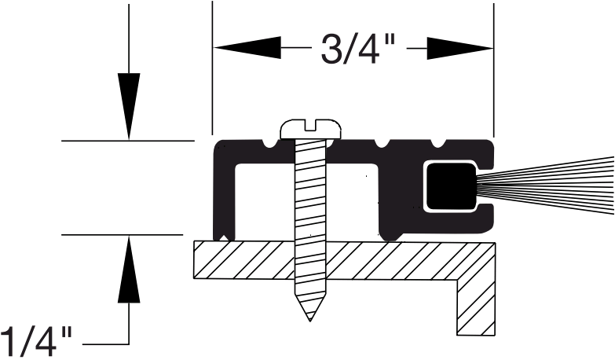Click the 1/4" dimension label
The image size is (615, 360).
(37, 343)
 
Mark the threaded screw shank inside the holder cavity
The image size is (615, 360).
(311, 197)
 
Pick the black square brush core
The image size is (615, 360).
(450, 187)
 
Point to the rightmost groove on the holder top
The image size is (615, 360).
(437, 144)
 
